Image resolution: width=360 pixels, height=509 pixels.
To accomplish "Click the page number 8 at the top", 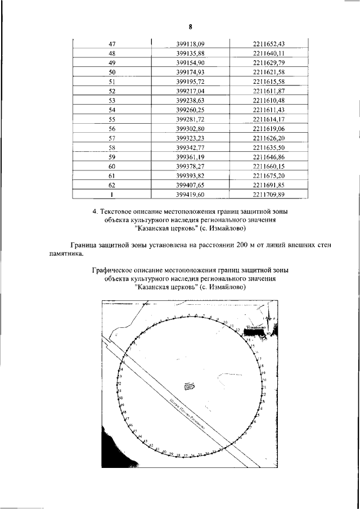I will coord(190,26).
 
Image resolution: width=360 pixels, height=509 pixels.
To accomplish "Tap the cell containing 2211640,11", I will coord(271,53).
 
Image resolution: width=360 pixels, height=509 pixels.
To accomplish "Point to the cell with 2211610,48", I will coord(271,100).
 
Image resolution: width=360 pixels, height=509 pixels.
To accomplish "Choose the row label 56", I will coord(111,128).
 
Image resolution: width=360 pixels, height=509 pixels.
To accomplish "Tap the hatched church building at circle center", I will coord(190,386).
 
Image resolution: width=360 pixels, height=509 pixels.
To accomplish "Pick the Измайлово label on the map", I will coord(255,327).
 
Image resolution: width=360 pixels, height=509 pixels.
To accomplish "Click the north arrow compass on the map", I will coord(268,318).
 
